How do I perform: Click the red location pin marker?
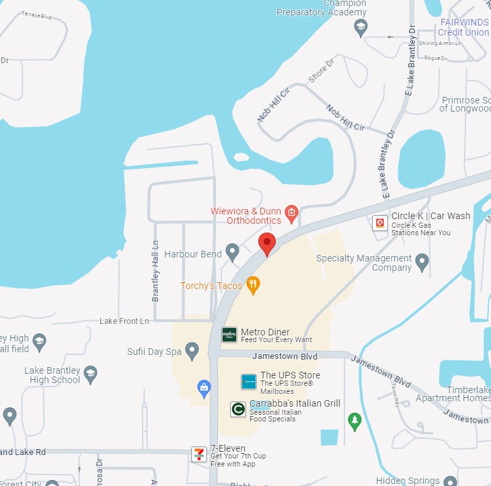point(268,244)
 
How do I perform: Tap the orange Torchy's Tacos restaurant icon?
point(253,285)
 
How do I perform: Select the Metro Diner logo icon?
point(229,334)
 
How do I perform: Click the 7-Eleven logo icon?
point(198,454)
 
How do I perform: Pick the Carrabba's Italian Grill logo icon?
point(237,409)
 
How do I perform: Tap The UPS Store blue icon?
point(249,382)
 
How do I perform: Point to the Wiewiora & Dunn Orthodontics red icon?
point(291,214)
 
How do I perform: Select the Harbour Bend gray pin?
point(233,253)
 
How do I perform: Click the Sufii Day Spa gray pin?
point(192,350)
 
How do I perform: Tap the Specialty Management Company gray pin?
point(422,261)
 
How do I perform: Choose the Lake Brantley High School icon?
point(91,374)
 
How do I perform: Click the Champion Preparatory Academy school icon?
point(361,28)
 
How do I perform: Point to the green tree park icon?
point(354,421)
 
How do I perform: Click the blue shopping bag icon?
point(203,387)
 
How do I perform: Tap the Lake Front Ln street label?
point(124,321)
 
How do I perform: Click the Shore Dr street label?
point(321,73)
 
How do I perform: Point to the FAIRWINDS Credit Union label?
point(464,27)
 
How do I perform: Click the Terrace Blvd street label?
point(36,15)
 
